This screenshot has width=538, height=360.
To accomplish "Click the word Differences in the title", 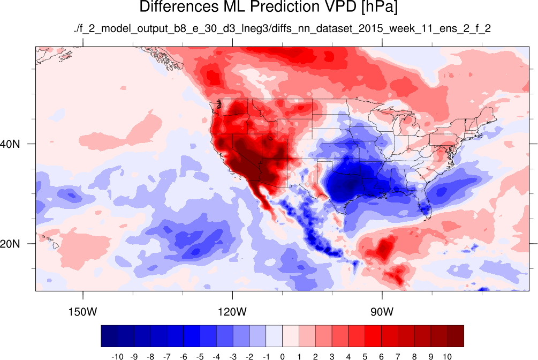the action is pyautogui.click(x=178, y=6).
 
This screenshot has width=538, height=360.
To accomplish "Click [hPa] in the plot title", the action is pyautogui.click(x=379, y=7).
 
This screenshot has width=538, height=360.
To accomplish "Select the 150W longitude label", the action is pyautogui.click(x=82, y=312).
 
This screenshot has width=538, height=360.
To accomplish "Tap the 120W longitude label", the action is pyautogui.click(x=232, y=312).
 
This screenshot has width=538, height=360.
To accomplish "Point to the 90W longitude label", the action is pyautogui.click(x=382, y=312).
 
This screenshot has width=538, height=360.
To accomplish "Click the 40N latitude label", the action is pyautogui.click(x=10, y=144).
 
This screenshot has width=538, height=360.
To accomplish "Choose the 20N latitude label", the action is pyautogui.click(x=10, y=244).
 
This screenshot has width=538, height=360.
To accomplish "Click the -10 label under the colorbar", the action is pyautogui.click(x=117, y=357).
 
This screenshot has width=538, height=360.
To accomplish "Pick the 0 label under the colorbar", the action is pyautogui.click(x=282, y=357).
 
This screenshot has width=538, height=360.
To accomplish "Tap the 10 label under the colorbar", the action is pyautogui.click(x=447, y=357).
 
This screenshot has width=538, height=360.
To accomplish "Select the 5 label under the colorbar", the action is pyautogui.click(x=365, y=357).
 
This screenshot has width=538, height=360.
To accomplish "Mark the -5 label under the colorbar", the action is pyautogui.click(x=200, y=357).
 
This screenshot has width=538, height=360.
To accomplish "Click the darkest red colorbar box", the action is pyautogui.click(x=456, y=336).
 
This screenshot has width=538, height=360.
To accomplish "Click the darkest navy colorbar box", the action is pyautogui.click(x=109, y=336).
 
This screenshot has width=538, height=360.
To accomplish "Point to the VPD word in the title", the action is pyautogui.click(x=340, y=6).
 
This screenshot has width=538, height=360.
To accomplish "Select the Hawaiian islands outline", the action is pyautogui.click(x=51, y=241).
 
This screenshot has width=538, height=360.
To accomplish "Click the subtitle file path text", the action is pyautogui.click(x=282, y=28).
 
